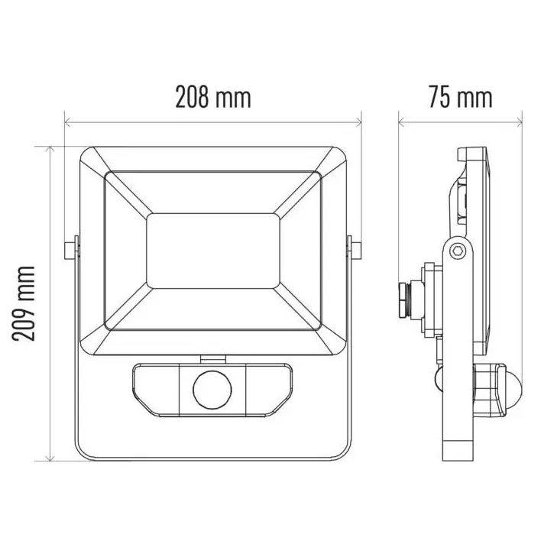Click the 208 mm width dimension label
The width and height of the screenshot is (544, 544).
click(x=213, y=97)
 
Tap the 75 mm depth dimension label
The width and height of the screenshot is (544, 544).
click(x=461, y=97)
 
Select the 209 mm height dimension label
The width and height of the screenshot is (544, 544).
click(x=24, y=304)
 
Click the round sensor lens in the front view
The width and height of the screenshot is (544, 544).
click(x=212, y=389)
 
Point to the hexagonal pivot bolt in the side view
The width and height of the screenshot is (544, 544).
click(x=456, y=251)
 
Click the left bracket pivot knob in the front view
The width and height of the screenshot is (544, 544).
click(x=72, y=248)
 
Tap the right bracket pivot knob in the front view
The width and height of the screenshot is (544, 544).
click(x=354, y=248)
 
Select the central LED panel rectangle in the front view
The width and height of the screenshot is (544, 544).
click(x=213, y=251)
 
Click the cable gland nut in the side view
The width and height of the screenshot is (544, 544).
click(x=403, y=300)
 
